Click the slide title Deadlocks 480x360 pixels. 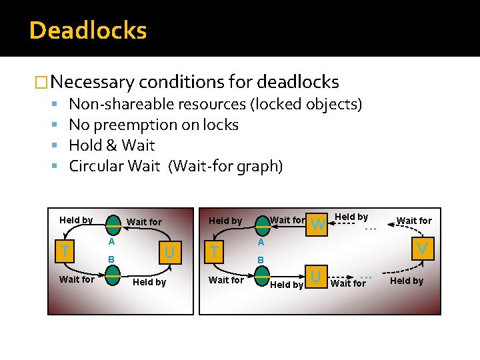[x=87, y=31]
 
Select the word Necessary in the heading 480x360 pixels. [x=91, y=82]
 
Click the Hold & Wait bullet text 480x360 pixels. [x=111, y=145]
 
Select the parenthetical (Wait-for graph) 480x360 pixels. [x=226, y=166]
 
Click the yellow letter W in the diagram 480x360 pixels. [x=319, y=225]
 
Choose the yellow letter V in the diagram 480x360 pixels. [x=421, y=249]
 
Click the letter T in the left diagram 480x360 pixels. [x=64, y=251]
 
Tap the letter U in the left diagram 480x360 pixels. [x=169, y=252]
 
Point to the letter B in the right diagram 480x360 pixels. [x=261, y=259]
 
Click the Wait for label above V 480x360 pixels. [x=414, y=221]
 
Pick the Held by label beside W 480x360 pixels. [x=351, y=217]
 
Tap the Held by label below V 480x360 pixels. [x=407, y=281]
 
